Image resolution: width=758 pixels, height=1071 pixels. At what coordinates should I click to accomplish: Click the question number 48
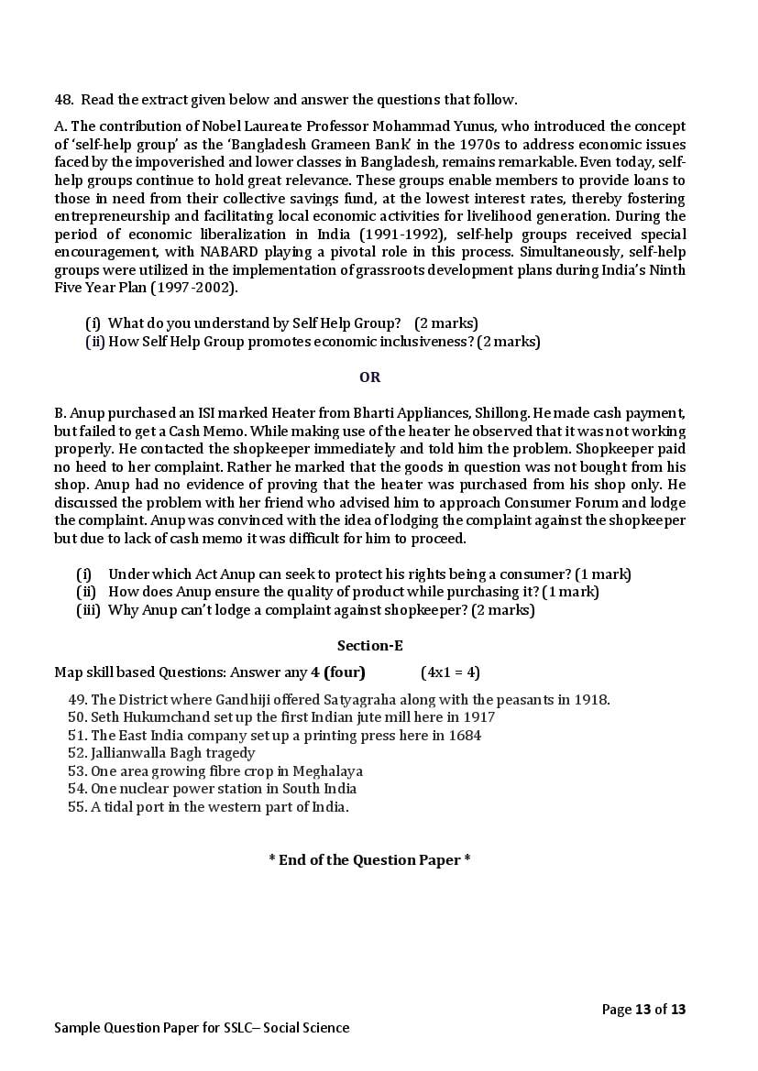click(x=62, y=99)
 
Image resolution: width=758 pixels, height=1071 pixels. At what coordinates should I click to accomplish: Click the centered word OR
click(x=369, y=377)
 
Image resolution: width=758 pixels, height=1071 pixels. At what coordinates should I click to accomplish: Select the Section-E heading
click(x=369, y=645)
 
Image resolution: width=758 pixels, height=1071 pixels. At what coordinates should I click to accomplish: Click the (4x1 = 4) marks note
click(x=450, y=672)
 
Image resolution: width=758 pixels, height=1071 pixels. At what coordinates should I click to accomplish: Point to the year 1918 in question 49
click(x=591, y=700)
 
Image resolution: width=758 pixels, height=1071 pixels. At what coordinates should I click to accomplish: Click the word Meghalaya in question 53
click(x=327, y=771)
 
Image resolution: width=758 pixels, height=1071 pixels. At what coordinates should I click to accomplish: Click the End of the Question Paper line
click(x=369, y=860)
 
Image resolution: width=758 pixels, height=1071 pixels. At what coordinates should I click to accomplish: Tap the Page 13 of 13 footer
click(x=643, y=1010)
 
